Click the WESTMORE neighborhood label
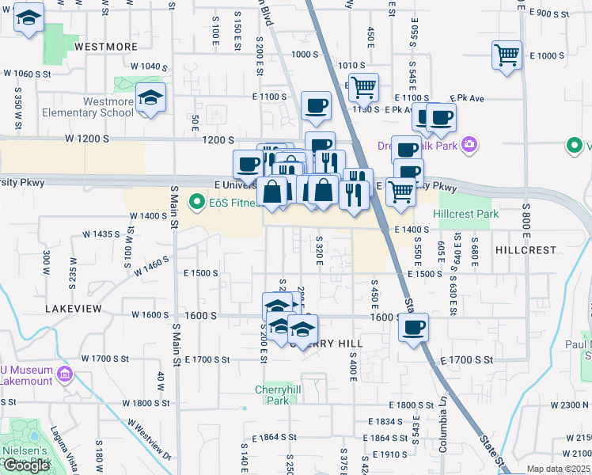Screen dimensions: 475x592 [x=105, y=47]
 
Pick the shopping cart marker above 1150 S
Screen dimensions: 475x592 [x=363, y=89]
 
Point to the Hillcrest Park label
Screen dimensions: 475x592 [x=467, y=215]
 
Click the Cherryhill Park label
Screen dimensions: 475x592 [x=272, y=395]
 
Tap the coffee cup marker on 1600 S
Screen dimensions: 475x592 [x=412, y=329]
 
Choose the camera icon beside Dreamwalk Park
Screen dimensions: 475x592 [x=470, y=144]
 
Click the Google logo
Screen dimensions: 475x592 [x=26, y=465]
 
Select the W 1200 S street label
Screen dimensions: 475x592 [x=86, y=139]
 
